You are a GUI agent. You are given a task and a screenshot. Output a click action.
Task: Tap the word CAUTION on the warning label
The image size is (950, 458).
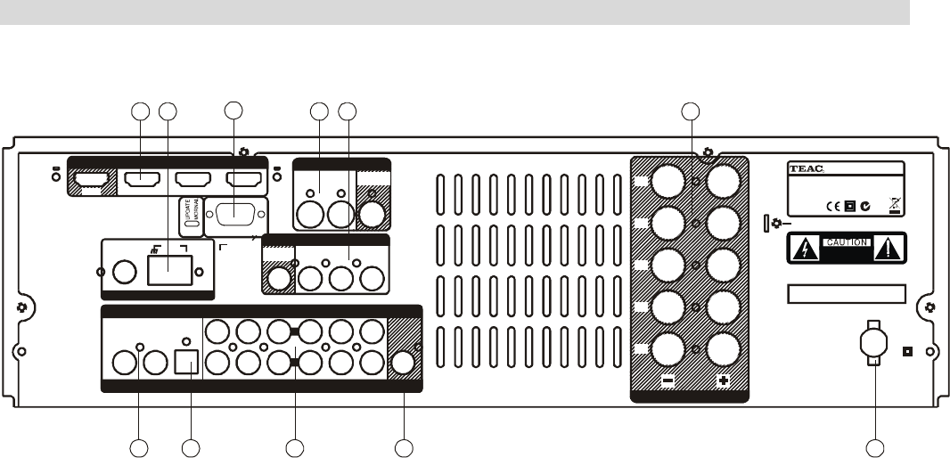coord(846,242)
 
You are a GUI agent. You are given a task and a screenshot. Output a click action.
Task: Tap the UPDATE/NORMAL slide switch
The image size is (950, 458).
coord(188,217)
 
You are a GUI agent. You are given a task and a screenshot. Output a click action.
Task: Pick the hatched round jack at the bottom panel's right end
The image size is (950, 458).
coord(405,362)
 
